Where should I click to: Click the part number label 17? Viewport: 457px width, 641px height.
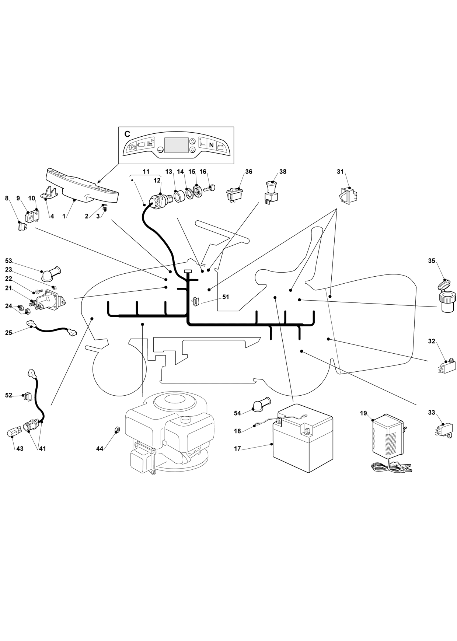(237, 449)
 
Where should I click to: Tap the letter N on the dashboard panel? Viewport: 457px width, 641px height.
(211, 145)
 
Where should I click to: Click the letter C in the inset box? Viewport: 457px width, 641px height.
(127, 134)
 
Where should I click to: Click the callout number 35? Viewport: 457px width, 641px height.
(432, 261)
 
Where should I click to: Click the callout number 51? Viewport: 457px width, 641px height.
(226, 297)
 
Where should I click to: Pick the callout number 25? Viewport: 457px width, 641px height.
(8, 333)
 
